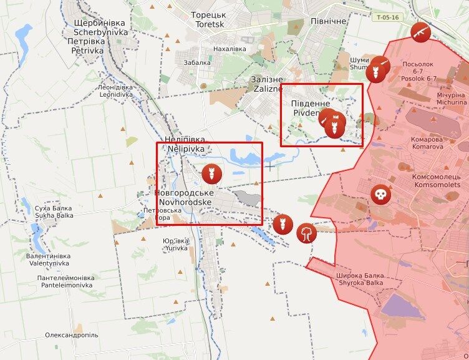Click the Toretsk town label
click(208, 19)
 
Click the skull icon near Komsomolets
click(379, 195)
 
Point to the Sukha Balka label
click(54, 212)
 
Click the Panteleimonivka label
click(65, 281)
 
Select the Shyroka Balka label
click(359, 279)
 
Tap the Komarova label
click(427, 143)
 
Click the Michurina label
click(451, 98)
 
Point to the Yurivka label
click(175, 244)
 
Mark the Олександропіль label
click(72, 335)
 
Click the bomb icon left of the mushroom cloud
click(281, 223)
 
